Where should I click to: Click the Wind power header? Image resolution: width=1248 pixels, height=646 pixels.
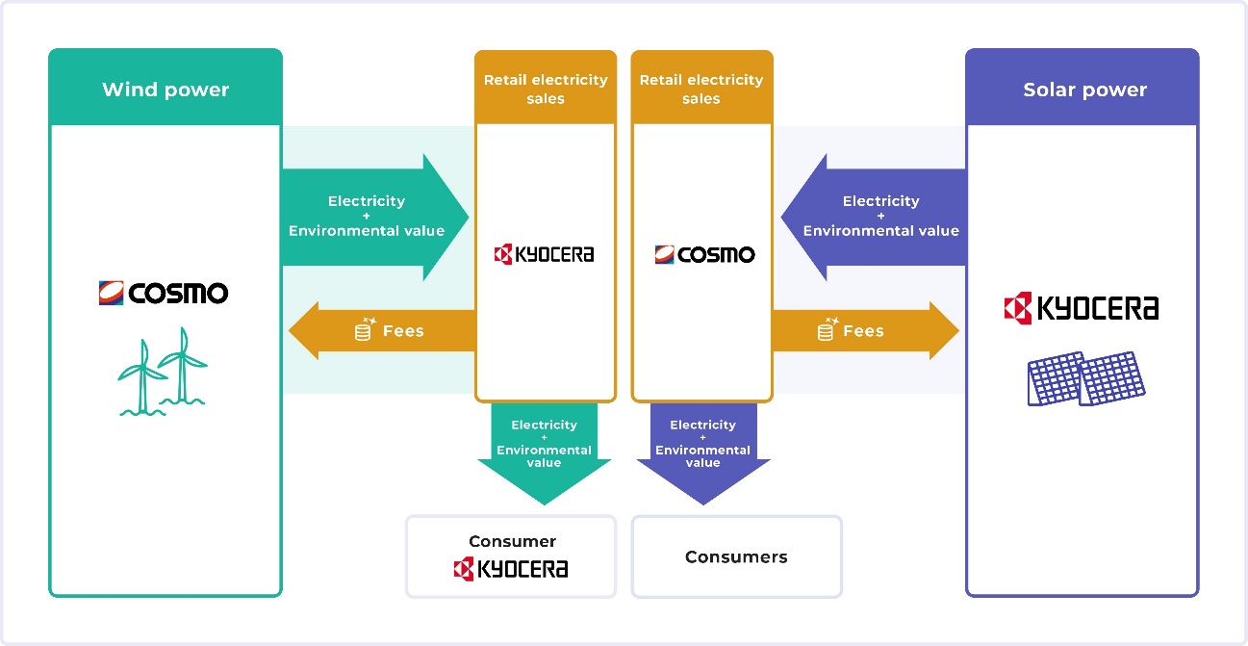(x=166, y=90)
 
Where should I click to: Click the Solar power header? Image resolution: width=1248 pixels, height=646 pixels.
(x=1084, y=90)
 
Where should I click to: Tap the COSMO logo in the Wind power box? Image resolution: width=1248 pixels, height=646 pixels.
(x=163, y=293)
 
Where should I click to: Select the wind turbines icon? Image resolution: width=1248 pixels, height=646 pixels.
(x=163, y=376)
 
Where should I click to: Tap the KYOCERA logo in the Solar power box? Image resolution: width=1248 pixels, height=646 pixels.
(x=1081, y=308)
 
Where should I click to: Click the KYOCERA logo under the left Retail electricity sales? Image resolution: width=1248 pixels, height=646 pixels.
(x=545, y=254)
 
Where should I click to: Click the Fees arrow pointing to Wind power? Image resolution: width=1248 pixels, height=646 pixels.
(x=385, y=330)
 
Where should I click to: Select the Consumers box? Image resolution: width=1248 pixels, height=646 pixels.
(x=736, y=556)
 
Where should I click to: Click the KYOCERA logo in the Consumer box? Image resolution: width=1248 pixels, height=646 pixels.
(x=511, y=569)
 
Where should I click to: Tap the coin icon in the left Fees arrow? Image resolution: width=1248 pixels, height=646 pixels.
(x=364, y=330)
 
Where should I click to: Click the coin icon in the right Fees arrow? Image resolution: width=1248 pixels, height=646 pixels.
(x=826, y=330)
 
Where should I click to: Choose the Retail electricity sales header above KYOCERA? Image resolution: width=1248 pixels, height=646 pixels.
(x=546, y=89)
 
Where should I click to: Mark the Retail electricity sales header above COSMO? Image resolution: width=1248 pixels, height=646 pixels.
(x=701, y=89)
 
